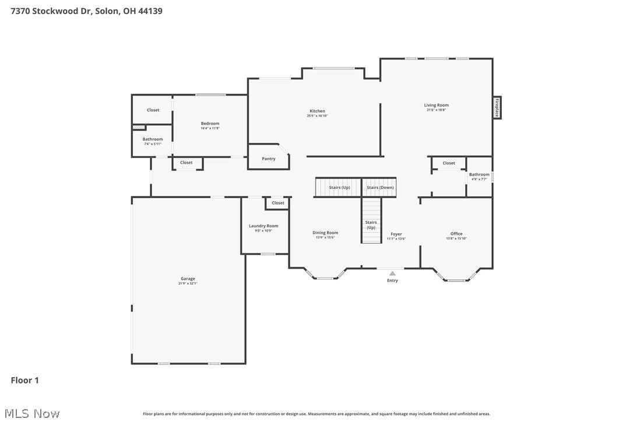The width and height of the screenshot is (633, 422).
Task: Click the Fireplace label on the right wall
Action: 497,108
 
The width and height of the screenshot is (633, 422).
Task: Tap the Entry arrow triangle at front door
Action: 392,273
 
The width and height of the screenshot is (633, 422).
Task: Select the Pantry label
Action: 269,159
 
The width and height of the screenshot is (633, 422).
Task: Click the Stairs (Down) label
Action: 380,188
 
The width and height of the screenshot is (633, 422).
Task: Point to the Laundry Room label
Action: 263,226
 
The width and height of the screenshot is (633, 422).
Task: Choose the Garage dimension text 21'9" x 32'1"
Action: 188,284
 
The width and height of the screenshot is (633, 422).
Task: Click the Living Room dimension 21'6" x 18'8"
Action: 436,110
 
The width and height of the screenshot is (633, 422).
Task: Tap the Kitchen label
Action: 317,111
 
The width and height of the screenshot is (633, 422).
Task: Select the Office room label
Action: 456,234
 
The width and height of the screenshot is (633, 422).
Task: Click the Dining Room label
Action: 325,233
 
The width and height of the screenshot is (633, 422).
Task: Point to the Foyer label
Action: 396,234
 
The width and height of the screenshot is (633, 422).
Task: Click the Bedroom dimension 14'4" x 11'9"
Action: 210,128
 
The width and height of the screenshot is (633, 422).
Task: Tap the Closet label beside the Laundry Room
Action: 278,203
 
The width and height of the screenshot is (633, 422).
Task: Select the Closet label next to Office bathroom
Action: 449,163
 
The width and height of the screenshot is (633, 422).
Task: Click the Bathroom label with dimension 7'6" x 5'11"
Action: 153,139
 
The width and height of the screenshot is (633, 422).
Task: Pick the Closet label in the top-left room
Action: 153,110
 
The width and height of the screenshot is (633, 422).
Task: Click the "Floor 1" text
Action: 25,381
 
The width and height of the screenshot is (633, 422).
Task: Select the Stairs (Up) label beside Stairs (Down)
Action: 339,188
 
